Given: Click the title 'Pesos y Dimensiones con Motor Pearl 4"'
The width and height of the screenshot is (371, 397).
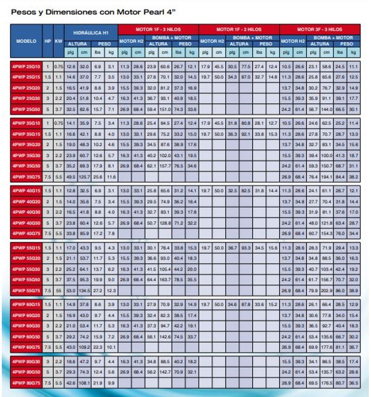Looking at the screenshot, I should pos(93,12).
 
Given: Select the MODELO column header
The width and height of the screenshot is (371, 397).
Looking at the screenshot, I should pos(26,41).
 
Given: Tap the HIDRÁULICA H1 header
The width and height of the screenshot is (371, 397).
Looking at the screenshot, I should pos(91,33).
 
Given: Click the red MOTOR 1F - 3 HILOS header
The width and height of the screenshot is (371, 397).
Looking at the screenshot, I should pos(158,29).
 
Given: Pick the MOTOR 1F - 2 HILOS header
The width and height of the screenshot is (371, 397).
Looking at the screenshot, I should pos(239,29).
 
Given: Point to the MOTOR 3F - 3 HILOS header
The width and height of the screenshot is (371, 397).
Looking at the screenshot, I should pos(319,29).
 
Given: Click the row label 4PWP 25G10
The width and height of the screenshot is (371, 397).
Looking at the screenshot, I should pos(26,67).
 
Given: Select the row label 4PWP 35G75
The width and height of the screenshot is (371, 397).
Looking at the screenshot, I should pos(26,177).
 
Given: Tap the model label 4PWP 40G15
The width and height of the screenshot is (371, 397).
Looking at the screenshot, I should pos(26,191).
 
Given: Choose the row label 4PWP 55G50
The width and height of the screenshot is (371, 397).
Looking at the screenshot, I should pos(26,280).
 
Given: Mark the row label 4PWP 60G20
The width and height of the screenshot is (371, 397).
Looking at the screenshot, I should pos(26,316).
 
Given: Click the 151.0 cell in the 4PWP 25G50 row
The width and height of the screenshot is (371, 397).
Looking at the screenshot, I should pos(166,109).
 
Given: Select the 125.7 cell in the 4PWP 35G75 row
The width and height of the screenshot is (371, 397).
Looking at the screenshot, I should pos(84,177).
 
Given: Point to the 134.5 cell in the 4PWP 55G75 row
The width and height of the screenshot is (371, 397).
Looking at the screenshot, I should pos(84,290).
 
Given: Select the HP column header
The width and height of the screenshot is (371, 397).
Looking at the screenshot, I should pos(48,41).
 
